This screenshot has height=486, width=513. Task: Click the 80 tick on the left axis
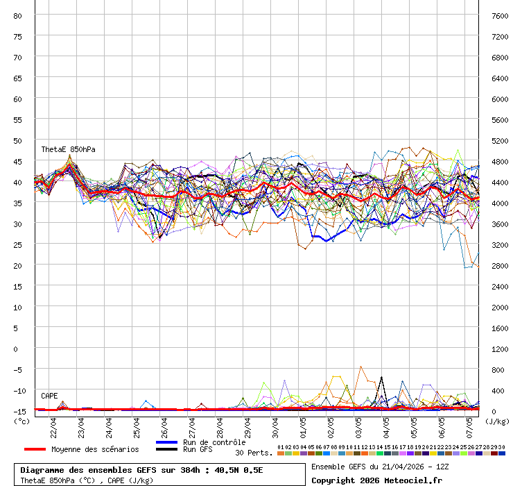(x=18, y=15)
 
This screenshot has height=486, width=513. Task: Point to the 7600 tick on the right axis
(x=499, y=15)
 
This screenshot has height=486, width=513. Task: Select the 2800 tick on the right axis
(x=499, y=265)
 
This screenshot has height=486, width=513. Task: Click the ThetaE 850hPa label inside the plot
(x=68, y=149)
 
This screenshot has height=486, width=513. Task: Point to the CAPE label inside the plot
(x=49, y=396)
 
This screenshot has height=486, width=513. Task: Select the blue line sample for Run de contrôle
(x=166, y=442)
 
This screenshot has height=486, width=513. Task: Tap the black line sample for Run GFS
(x=166, y=449)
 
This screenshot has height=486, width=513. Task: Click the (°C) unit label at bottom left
(x=21, y=421)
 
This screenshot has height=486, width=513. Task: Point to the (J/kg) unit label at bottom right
(x=496, y=421)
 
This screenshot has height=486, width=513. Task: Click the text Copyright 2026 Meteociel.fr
(x=376, y=480)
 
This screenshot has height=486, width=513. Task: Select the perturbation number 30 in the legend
(x=501, y=447)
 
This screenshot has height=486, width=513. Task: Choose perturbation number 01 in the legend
(x=280, y=447)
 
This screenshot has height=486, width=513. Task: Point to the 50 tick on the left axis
(x=18, y=140)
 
